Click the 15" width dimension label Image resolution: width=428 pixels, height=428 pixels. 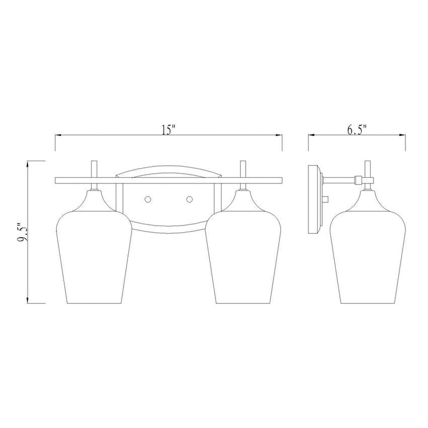tap(168, 130)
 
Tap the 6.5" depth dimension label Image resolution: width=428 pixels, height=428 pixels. tap(357, 130)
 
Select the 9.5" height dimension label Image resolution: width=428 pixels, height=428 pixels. tap(23, 232)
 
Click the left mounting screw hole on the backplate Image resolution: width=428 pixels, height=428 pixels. tap(148, 199)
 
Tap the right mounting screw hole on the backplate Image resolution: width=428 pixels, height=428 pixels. tap(189, 199)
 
